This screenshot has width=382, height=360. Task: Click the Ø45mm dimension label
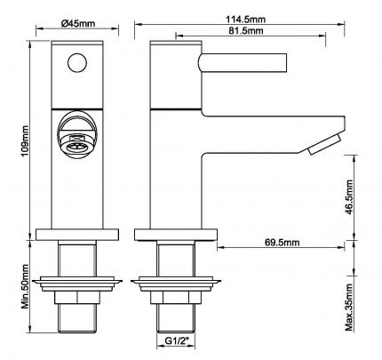click(x=78, y=23)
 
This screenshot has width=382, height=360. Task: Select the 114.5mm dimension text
click(x=246, y=20)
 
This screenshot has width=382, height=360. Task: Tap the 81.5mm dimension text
click(x=246, y=30)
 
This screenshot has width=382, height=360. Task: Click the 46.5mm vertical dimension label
click(x=350, y=197)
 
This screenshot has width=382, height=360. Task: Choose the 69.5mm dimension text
click(x=282, y=243)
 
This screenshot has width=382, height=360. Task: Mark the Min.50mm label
click(x=25, y=286)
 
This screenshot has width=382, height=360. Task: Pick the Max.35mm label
click(x=350, y=308)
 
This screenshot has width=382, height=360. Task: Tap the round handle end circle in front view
click(x=77, y=62)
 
